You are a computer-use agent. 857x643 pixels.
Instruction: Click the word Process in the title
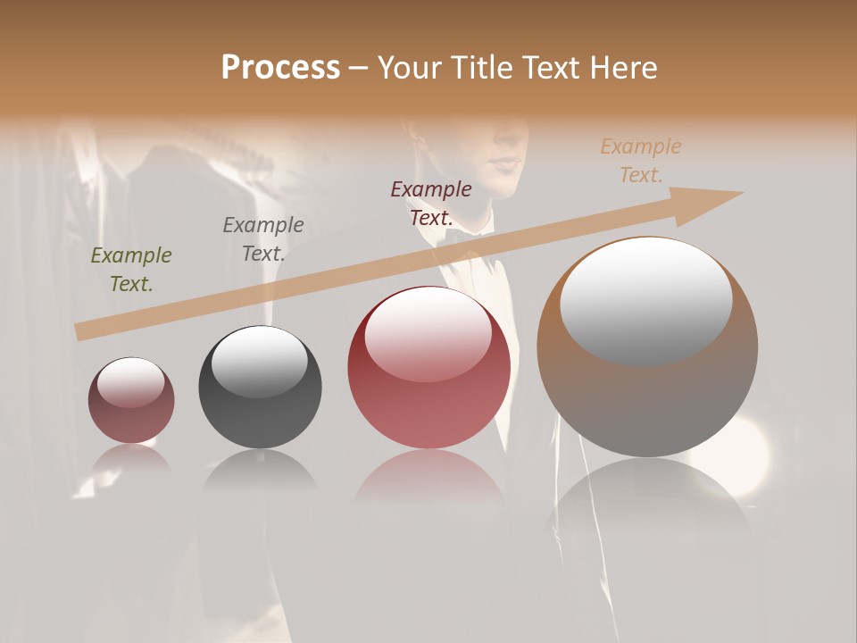click(280, 68)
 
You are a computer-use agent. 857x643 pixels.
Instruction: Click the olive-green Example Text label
click(131, 270)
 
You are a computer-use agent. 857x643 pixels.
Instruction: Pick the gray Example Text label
click(263, 239)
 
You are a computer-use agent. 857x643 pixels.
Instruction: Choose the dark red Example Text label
click(431, 203)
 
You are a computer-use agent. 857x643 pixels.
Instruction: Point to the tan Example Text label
click(641, 161)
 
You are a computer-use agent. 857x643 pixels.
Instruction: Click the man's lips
click(507, 163)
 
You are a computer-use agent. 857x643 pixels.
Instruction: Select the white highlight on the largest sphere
click(646, 299)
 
